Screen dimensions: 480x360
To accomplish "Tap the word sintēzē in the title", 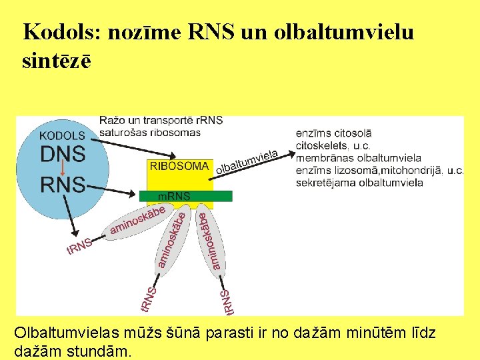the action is (x=56, y=61).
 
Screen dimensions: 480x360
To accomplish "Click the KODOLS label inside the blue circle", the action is (x=62, y=135).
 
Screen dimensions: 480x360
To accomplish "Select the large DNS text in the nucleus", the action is (x=63, y=154).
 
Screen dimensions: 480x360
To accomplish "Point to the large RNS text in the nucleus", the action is (x=63, y=184).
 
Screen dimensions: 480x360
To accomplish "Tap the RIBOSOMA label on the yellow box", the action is (x=179, y=167).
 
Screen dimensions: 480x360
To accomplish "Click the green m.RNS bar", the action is (x=185, y=196).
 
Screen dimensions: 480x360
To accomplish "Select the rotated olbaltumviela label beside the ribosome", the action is (x=247, y=162).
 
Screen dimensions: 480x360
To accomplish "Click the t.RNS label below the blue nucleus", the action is (x=79, y=247).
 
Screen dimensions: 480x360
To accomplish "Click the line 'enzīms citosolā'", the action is (x=333, y=134).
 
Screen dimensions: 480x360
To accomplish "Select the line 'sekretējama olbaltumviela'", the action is (x=359, y=183).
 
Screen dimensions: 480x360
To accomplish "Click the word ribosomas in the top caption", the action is (x=176, y=132).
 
